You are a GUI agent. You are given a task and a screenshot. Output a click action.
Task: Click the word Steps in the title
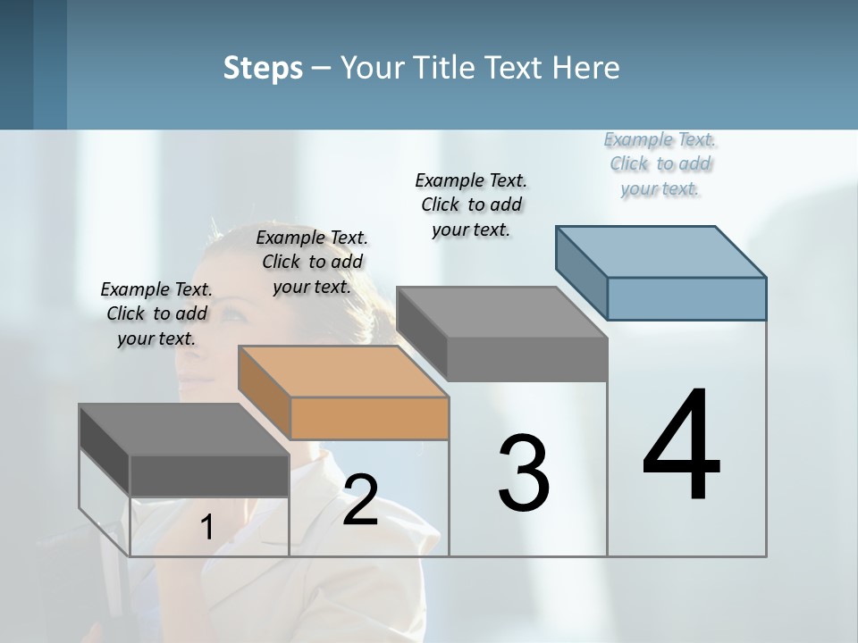point(263,68)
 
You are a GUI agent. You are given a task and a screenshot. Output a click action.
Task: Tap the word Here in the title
point(585,68)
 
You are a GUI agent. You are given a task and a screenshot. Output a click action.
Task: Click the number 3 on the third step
point(524,473)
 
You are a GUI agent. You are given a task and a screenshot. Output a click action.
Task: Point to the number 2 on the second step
point(360,500)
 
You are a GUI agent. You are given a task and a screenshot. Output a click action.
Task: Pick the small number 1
point(206,527)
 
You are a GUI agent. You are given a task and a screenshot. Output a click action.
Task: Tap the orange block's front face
point(370,418)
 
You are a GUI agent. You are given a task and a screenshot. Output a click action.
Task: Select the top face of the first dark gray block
point(183,430)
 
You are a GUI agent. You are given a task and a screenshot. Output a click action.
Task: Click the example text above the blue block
point(660,164)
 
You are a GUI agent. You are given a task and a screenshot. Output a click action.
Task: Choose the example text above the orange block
point(312,262)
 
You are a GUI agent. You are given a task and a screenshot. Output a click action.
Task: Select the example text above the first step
point(156,313)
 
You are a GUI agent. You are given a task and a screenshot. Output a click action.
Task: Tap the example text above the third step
point(471,205)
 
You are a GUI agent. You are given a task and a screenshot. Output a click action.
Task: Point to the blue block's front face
point(686,298)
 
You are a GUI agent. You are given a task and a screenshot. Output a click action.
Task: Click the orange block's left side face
point(265,393)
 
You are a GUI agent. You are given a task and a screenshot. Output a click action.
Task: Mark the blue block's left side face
point(582,272)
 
